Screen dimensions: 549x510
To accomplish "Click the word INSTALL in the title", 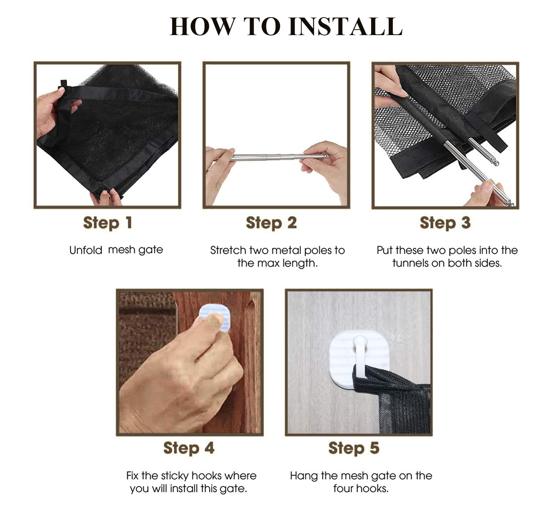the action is (x=345, y=26).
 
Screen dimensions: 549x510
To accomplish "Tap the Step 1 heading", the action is (x=108, y=223).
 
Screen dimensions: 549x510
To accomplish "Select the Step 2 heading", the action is (x=271, y=223).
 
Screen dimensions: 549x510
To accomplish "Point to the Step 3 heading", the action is (x=445, y=223).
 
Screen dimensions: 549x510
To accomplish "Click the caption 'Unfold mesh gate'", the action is (x=116, y=250).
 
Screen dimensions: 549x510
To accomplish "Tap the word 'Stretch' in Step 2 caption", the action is (x=228, y=250).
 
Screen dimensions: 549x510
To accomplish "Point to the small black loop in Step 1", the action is (x=64, y=84).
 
